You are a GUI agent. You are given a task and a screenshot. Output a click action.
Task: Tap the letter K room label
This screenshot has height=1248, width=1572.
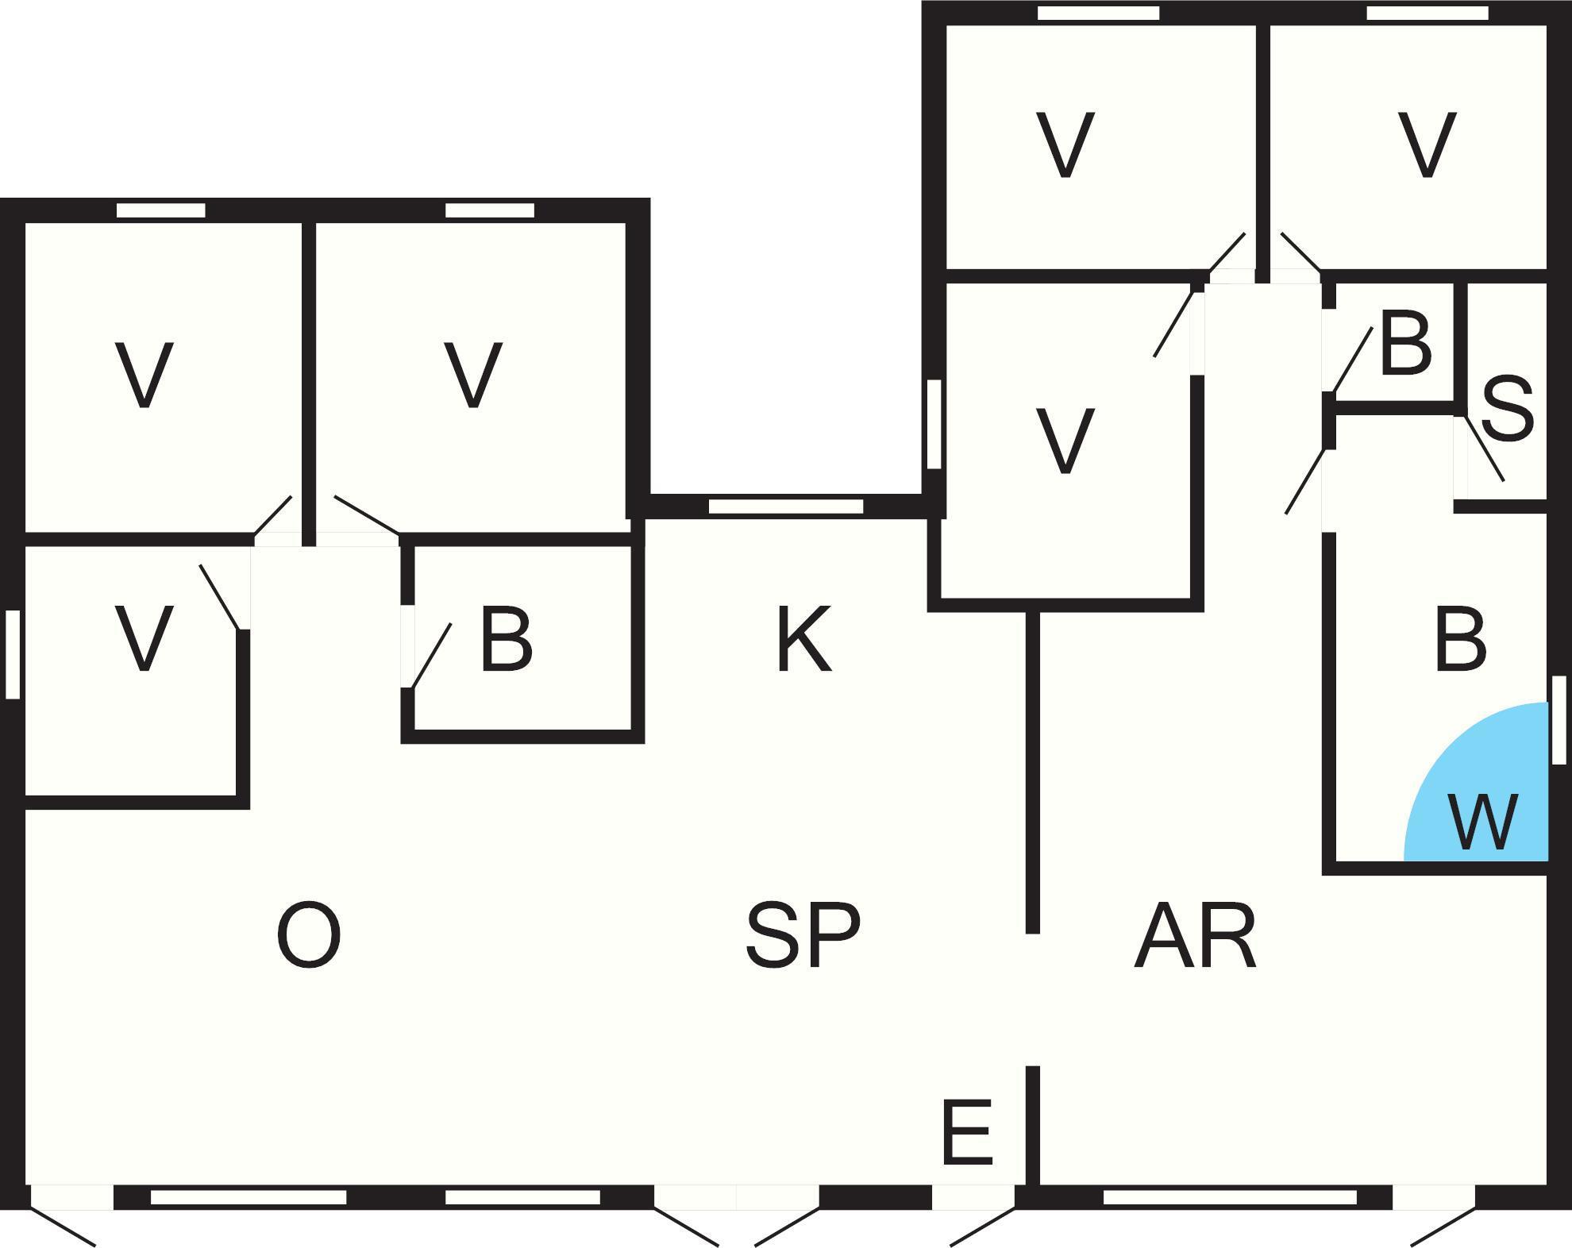pyautogui.click(x=803, y=639)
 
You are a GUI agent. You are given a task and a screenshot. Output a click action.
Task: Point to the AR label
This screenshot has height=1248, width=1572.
pyautogui.click(x=1195, y=936)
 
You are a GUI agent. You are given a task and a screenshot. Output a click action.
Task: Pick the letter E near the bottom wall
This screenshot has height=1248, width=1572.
pyautogui.click(x=966, y=1131)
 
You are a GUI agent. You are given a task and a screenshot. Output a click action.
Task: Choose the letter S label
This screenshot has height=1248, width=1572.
pyautogui.click(x=1507, y=410)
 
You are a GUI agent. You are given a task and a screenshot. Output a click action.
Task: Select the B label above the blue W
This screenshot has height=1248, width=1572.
pyautogui.click(x=1460, y=640)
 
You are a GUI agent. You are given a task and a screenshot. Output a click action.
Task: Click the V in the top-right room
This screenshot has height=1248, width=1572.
pyautogui.click(x=1427, y=146)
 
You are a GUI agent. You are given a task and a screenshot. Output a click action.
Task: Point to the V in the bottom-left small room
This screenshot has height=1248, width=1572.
pyautogui.click(x=144, y=639)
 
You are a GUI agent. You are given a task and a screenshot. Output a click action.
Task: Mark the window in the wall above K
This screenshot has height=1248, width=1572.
pyautogui.click(x=785, y=507)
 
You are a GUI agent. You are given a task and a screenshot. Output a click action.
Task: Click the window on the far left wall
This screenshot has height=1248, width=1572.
pyautogui.click(x=13, y=654)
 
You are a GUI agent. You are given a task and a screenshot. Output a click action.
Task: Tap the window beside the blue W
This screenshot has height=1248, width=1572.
pyautogui.click(x=1559, y=720)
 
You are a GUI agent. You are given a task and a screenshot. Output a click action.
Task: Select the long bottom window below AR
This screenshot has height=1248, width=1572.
pyautogui.click(x=1230, y=1197)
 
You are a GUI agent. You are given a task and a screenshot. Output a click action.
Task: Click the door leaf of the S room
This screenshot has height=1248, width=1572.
pyautogui.click(x=1485, y=448)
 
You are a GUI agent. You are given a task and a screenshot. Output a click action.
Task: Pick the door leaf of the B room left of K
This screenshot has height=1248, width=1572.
pyautogui.click(x=431, y=656)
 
